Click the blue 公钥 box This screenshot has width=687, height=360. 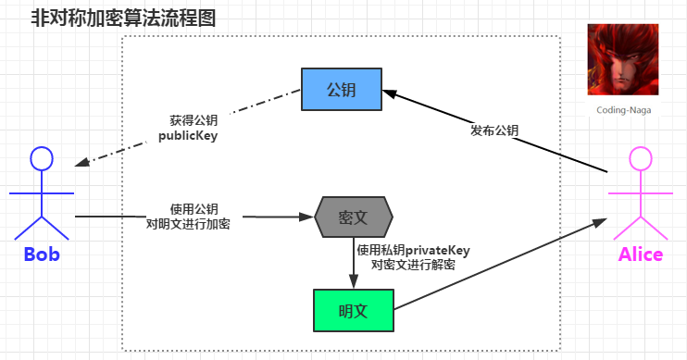tap(342, 89)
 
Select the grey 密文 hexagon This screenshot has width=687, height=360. tap(354, 217)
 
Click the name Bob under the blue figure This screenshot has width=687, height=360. tap(42, 254)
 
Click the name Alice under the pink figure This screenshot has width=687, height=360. tap(640, 254)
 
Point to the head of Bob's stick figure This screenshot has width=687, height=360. tap(42, 158)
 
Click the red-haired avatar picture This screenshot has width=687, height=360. tap(623, 60)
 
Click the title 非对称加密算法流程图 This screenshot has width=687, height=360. tap(123, 18)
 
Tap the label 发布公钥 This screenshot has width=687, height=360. tap(494, 130)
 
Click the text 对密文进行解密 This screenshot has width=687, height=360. tap(413, 264)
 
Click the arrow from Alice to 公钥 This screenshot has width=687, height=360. tap(518, 139)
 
